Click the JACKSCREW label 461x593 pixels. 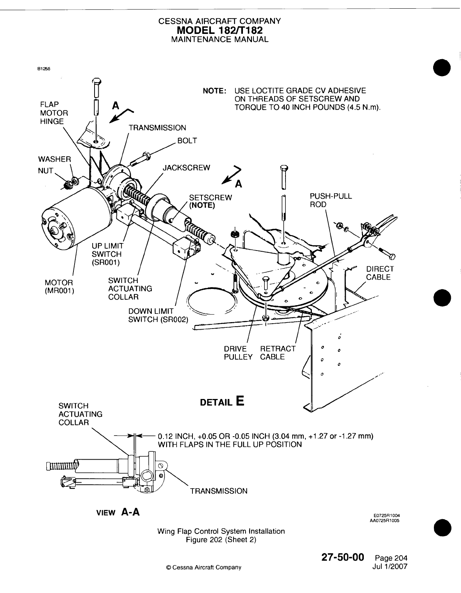coord(186,168)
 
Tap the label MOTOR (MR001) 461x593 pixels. coord(59,287)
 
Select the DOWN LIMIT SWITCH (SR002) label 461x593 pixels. coord(158,315)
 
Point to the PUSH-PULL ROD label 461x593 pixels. coord(330,200)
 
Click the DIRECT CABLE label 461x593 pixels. coord(380,273)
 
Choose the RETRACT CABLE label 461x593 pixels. coord(278,353)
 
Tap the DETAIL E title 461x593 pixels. coord(223,401)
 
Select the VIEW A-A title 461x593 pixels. coord(118,512)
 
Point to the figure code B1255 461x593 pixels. coord(44,69)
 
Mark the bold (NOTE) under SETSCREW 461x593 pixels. coord(201,205)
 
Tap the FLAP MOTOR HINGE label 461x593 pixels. coord(54,113)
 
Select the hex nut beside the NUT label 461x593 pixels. coord(68,185)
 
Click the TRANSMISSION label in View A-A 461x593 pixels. coord(219,491)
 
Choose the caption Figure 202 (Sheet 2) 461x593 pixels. coord(221,540)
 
